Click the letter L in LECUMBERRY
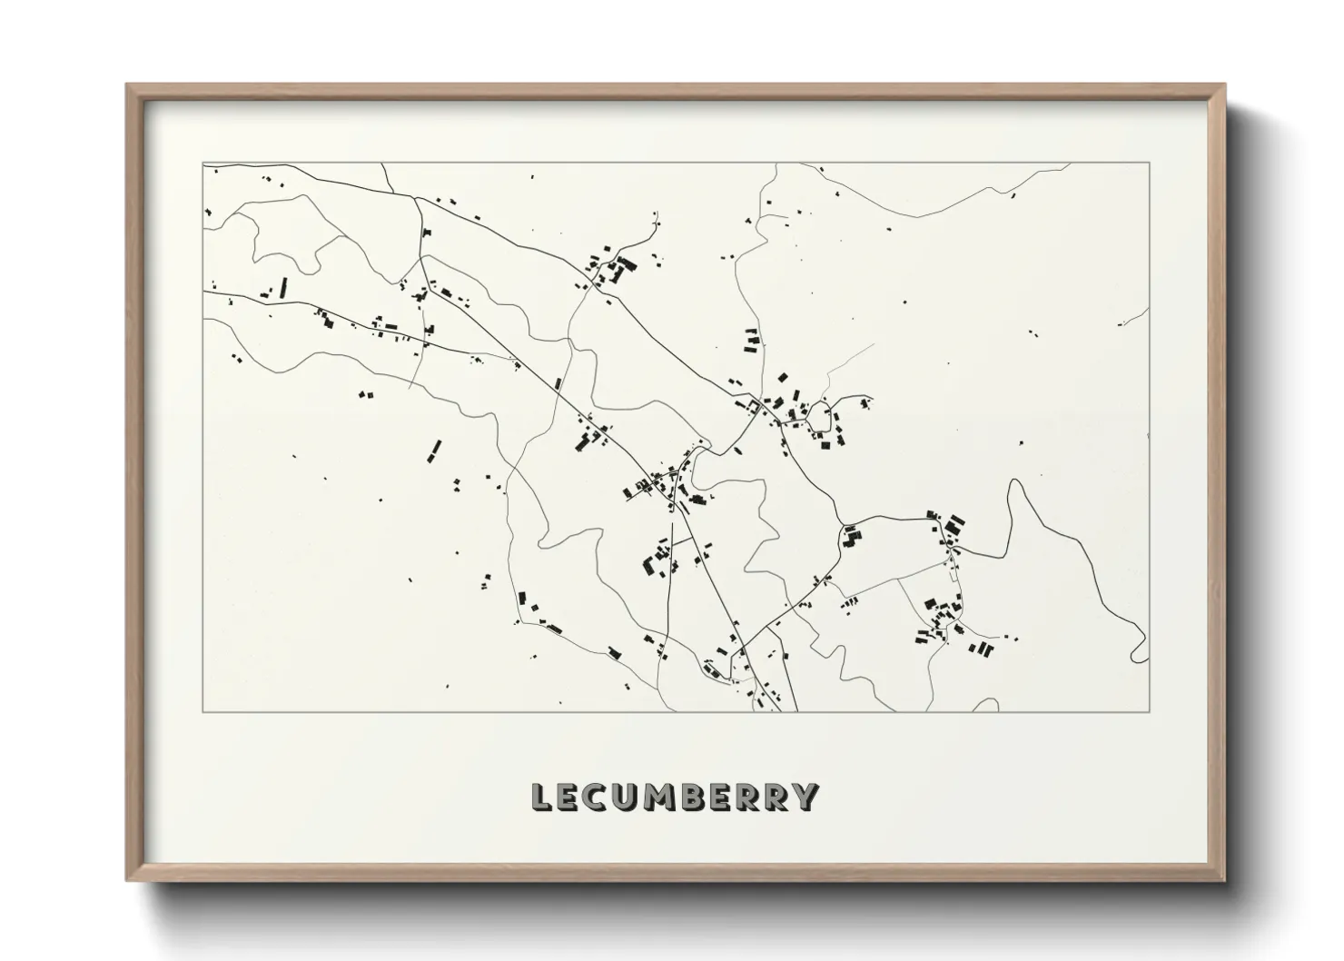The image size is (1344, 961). click(542, 797)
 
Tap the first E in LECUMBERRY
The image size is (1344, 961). click(570, 797)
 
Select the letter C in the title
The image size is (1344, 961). click(599, 797)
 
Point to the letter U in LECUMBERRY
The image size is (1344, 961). click(629, 797)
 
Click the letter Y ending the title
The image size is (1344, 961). click(807, 797)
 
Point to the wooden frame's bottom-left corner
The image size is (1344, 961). click(127, 880)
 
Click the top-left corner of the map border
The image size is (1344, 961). click(203, 163)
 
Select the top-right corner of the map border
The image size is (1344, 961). click(1150, 163)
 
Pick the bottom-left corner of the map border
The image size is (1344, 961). click(203, 712)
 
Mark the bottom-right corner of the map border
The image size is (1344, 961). click(1150, 712)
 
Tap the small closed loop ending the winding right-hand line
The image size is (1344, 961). click(1139, 650)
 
